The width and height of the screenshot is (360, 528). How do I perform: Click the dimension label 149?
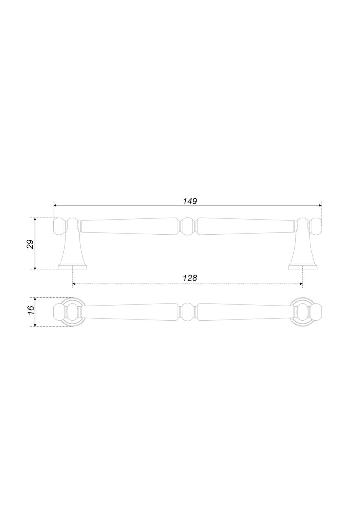click(x=190, y=201)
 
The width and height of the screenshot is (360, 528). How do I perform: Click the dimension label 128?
click(x=190, y=278)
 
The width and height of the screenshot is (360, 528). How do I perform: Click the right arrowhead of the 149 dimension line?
click(x=319, y=205)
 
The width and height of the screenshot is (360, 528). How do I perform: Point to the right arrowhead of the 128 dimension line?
click(x=300, y=283)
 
